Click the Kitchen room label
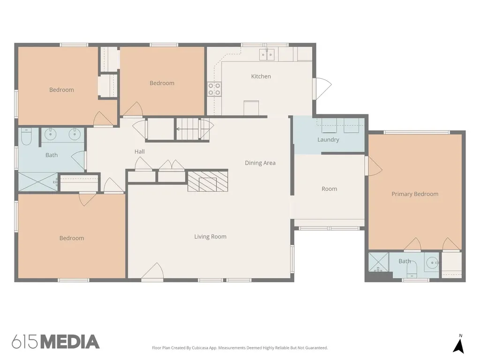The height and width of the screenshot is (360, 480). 261,76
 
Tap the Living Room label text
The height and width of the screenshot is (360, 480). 210,237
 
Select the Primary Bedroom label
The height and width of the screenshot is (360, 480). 415,194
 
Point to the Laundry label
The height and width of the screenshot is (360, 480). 328,140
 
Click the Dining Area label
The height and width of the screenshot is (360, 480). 260,163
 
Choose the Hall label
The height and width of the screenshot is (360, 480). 140,151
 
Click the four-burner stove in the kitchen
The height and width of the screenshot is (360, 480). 214,89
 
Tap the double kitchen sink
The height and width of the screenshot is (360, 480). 267,54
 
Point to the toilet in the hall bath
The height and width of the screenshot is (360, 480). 26,136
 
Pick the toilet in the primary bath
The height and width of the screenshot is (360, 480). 412,268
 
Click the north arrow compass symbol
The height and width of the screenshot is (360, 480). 458,346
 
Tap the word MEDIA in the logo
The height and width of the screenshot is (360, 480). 70,342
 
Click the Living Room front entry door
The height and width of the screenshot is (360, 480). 152,270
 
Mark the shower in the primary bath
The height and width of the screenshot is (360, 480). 378,262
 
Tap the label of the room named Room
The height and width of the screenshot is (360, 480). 330,189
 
